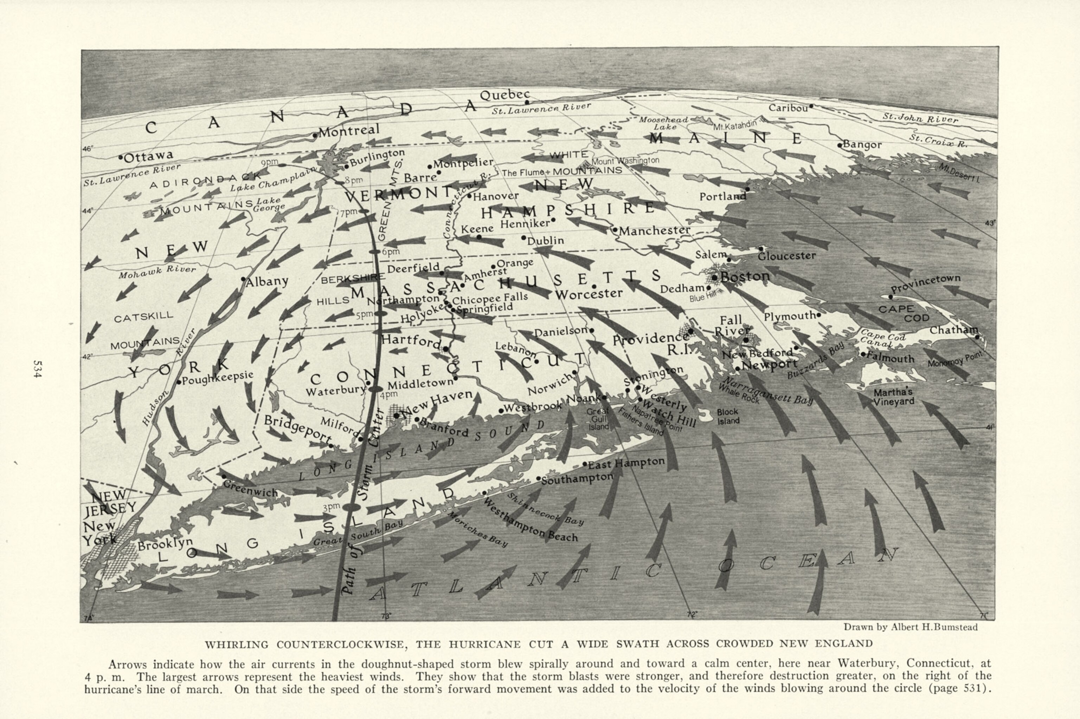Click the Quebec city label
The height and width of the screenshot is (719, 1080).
(504, 95)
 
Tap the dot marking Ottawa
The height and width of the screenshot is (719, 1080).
(121, 157)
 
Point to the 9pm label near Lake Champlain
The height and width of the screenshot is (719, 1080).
(269, 162)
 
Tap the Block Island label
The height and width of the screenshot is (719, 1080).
(728, 416)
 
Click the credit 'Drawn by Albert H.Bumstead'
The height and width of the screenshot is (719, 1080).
(910, 627)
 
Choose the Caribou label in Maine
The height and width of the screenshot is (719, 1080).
(787, 108)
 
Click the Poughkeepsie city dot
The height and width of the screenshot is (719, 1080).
(179, 382)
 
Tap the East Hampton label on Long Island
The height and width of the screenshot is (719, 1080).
(626, 463)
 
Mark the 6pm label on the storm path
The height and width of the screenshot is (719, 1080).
(391, 252)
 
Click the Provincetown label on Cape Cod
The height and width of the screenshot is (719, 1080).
(925, 284)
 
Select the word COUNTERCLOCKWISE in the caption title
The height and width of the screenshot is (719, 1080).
(341, 644)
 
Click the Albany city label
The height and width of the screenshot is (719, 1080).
(267, 281)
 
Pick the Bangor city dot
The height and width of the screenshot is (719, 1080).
(839, 145)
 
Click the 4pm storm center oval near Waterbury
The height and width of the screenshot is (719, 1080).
(375, 389)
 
